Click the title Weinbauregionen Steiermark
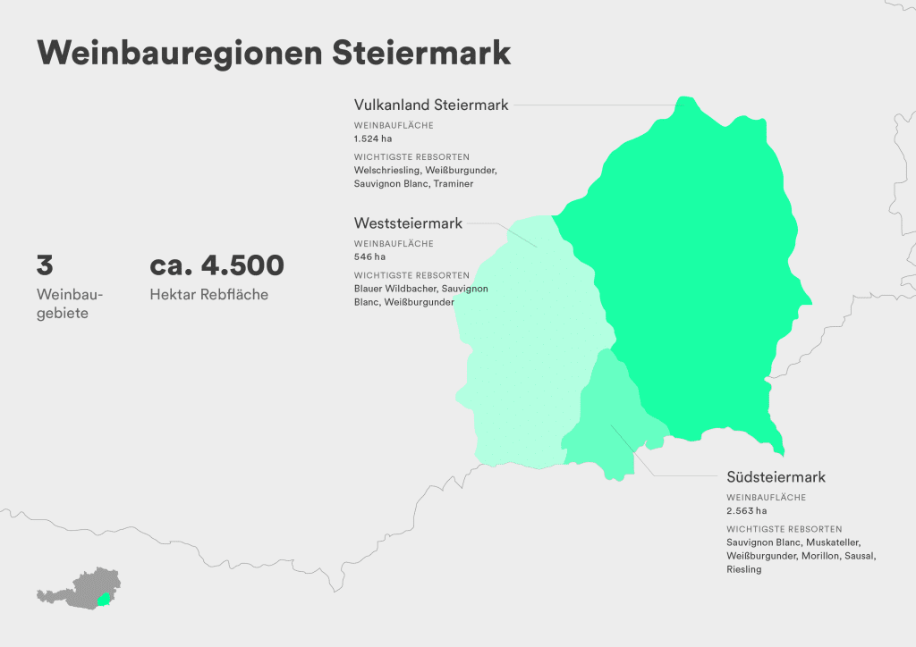274,52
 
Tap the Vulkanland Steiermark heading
431,105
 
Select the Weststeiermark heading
408,223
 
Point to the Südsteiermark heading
776,476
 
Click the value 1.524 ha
373,139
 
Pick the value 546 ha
370,256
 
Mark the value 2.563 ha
747,511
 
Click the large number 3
45,265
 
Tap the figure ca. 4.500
217,265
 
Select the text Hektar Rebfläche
209,294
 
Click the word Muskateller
834,542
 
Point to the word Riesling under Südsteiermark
744,569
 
